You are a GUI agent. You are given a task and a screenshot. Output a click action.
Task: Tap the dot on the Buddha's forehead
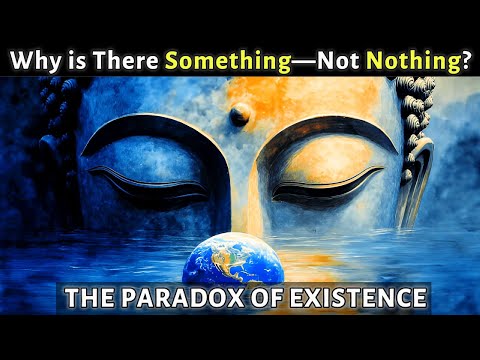240,115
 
